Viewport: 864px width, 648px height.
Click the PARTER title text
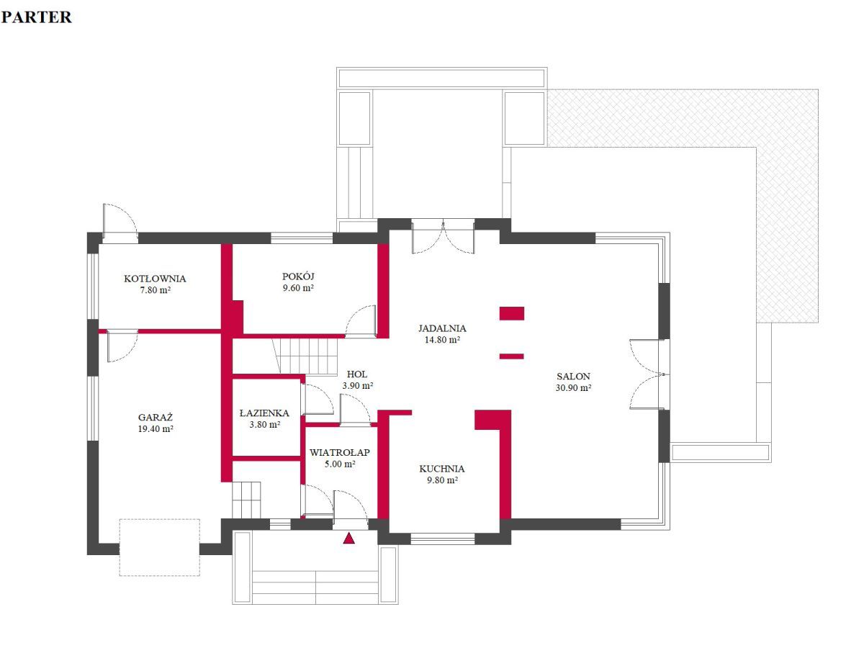[36, 17]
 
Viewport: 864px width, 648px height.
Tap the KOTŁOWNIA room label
[155, 279]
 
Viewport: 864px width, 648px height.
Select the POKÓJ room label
[298, 276]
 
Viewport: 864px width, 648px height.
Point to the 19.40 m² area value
[156, 429]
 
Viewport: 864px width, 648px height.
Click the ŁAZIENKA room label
[264, 413]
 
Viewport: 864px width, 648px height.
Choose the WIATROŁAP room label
[339, 452]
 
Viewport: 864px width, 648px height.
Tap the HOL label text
[356, 374]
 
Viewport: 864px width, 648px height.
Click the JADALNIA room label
[442, 328]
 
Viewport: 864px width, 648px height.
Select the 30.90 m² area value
[573, 387]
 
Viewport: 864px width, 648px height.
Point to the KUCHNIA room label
[441, 469]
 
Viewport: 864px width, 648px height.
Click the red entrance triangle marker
[348, 538]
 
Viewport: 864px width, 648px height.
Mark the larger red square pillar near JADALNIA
[512, 313]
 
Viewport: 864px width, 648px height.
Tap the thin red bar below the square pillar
[512, 356]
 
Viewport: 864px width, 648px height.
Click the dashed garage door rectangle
[159, 547]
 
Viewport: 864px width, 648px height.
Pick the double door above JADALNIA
[443, 236]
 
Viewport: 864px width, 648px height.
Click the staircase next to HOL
[305, 356]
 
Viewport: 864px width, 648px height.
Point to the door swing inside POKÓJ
[361, 321]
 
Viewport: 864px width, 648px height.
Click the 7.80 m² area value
[155, 290]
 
